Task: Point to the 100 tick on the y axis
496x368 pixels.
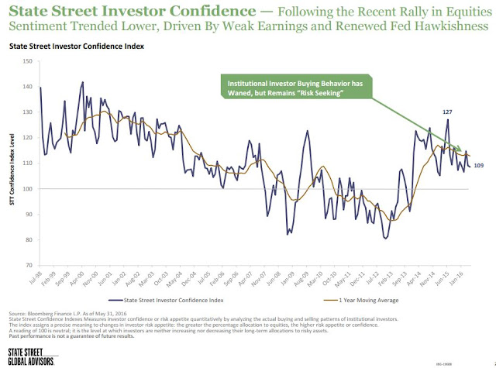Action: pyautogui.click(x=29, y=188)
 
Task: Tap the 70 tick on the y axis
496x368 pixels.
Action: pyautogui.click(x=30, y=265)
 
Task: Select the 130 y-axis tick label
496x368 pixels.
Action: pyautogui.click(x=29, y=112)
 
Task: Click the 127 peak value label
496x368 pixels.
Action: pyautogui.click(x=447, y=112)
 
